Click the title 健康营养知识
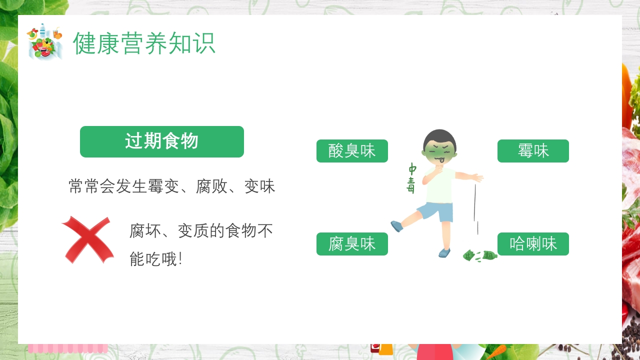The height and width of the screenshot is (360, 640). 144,43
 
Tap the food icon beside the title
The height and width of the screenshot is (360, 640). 45,42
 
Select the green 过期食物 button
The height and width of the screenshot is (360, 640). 162,141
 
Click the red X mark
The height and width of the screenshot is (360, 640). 88,239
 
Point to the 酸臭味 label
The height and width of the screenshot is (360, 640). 352,151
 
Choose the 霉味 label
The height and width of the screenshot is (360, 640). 533,151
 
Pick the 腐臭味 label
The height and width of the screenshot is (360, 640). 352,244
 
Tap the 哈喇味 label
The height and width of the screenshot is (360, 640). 533,244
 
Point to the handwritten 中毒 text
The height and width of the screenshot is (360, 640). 411,177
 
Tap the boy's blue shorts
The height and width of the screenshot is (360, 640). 436,211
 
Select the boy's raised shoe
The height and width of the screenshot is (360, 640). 396,226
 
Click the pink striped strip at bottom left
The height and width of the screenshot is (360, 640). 68,348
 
